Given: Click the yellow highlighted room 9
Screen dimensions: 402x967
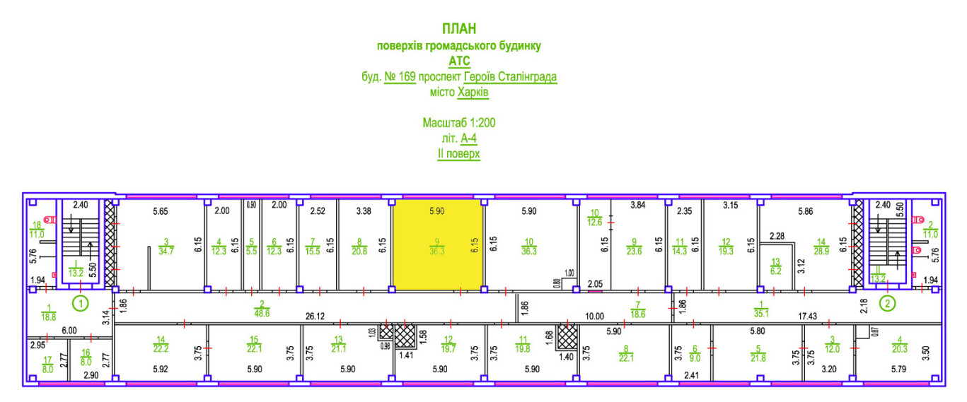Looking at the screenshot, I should point(438,244).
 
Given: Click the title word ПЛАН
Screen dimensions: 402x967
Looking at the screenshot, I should point(459,29).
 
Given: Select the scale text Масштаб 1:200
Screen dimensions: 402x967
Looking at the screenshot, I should point(459,123).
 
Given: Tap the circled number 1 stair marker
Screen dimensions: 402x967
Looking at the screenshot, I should point(81,304).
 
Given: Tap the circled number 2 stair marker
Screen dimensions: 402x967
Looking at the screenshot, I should point(886,304).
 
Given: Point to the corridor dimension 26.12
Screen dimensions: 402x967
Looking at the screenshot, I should point(315,317).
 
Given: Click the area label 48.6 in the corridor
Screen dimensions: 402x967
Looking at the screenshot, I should point(262,312).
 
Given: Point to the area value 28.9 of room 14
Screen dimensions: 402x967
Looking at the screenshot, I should point(820,251).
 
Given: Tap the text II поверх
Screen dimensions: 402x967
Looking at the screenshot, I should point(459,153).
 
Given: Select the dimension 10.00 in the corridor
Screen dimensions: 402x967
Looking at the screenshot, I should point(593,317).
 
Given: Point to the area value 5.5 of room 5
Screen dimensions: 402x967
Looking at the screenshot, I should point(251,251).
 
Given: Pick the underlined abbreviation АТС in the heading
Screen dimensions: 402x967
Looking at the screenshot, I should point(459,61).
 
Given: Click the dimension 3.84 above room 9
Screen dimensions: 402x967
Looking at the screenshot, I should point(639,206).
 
